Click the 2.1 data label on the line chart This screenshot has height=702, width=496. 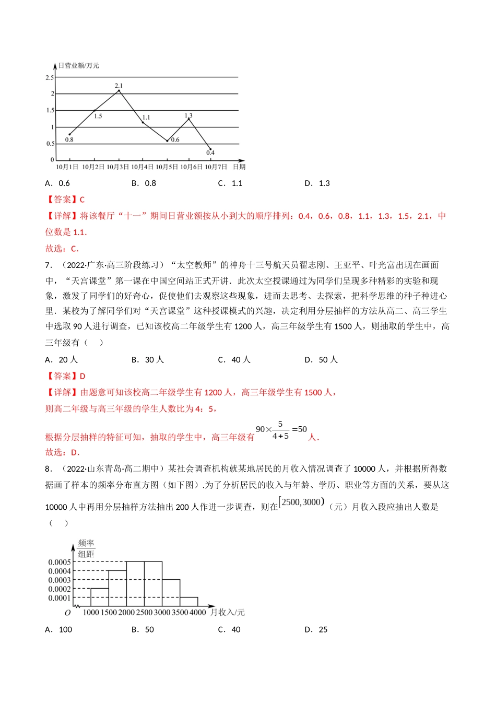[x=119, y=86]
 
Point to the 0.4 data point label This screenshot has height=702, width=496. [x=210, y=153]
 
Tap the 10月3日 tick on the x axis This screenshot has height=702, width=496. [x=117, y=167]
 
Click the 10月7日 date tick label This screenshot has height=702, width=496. [x=216, y=167]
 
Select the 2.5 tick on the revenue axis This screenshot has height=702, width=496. [x=50, y=77]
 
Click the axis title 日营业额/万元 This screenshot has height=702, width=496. [x=79, y=65]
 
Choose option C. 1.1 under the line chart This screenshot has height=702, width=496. [x=230, y=183]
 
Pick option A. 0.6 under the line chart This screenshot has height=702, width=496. [x=57, y=183]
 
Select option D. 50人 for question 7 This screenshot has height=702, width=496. [x=321, y=360]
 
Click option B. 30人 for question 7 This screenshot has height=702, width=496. [x=148, y=360]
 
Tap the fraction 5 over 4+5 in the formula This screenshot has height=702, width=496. [x=280, y=430]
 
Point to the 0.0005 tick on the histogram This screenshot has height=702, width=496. [x=60, y=562]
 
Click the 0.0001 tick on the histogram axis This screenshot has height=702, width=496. [x=60, y=598]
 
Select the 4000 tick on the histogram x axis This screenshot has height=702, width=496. [x=198, y=612]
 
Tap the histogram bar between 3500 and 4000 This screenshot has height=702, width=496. [x=189, y=602]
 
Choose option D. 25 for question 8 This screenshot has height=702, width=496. [x=316, y=630]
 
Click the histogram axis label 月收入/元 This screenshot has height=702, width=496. [x=228, y=612]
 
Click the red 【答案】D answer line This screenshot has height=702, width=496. [x=65, y=376]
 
